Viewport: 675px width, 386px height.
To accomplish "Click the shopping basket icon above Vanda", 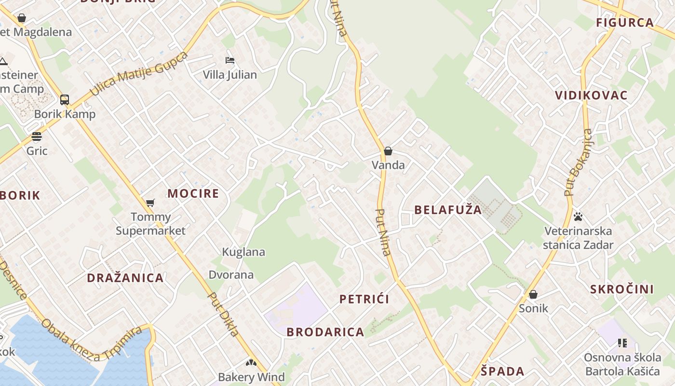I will click(x=388, y=151).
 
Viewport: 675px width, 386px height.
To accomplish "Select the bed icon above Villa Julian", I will click(x=230, y=60).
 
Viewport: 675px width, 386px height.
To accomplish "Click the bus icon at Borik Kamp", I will click(x=64, y=100).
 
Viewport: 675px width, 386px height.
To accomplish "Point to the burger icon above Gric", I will click(x=37, y=137).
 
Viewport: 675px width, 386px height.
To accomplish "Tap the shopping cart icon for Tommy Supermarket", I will click(x=150, y=203).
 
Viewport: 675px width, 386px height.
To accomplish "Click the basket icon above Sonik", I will click(x=533, y=294).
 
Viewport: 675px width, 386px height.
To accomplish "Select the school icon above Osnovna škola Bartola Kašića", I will click(x=622, y=343).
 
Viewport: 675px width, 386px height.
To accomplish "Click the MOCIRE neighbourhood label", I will click(x=193, y=194).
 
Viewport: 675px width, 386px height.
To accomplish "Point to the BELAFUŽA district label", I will click(x=448, y=210).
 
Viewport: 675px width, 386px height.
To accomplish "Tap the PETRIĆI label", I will click(x=364, y=299).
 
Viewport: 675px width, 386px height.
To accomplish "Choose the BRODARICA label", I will click(x=325, y=332).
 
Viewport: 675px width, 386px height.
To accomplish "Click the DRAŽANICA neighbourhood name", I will click(x=125, y=278).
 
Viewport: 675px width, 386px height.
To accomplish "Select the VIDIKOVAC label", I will click(x=591, y=96).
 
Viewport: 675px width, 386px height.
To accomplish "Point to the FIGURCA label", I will click(x=625, y=23).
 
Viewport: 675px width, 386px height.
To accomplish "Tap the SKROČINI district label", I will click(x=622, y=289).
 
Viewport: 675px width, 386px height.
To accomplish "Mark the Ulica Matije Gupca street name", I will click(x=139, y=73).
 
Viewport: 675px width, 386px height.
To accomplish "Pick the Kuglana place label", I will click(x=243, y=252).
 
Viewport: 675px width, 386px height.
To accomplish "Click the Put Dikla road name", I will click(x=223, y=314).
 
